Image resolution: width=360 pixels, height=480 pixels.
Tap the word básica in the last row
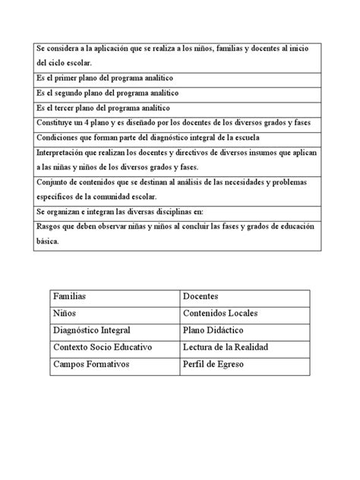click(x=49, y=242)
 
